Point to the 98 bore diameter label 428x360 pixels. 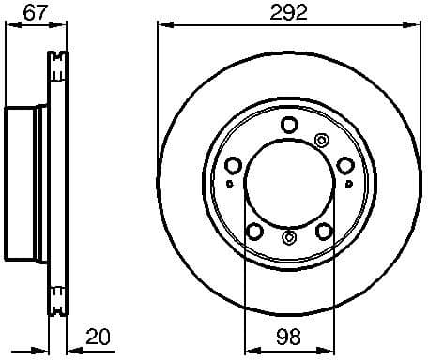289,337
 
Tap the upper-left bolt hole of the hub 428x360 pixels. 233,165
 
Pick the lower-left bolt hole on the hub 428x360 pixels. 252,231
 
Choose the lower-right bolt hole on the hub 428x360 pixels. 325,231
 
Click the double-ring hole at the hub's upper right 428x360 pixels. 322,141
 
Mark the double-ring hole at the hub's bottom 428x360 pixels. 289,237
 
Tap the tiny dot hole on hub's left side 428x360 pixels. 229,185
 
